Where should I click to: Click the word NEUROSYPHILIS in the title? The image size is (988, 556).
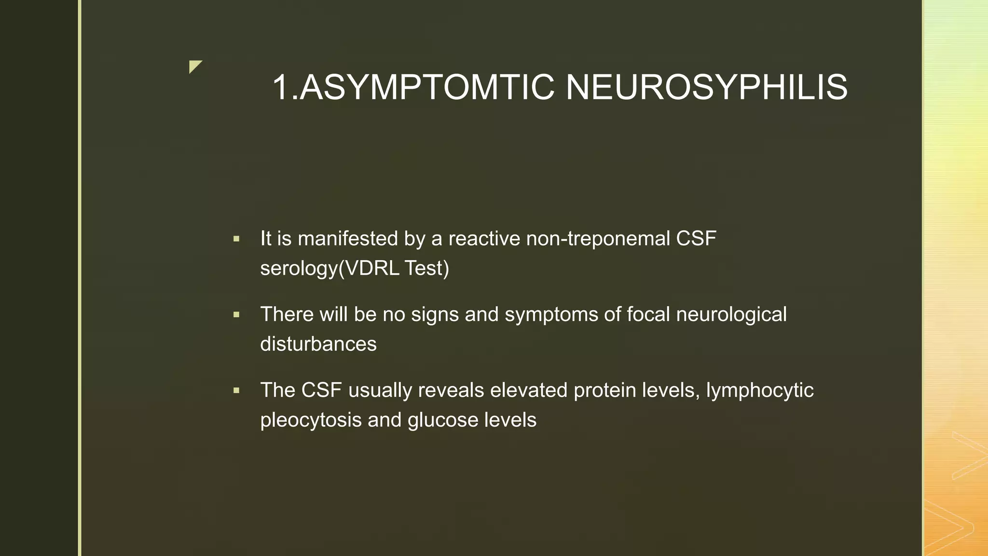[x=706, y=87]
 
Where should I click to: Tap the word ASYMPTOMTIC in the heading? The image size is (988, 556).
[x=426, y=87]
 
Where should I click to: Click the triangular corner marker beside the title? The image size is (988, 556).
[x=194, y=66]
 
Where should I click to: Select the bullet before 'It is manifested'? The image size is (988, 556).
[x=236, y=239]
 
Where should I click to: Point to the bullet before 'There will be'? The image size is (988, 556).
[x=236, y=315]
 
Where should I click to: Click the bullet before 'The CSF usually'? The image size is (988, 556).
[x=236, y=390]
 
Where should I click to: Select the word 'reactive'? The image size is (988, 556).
[x=484, y=238]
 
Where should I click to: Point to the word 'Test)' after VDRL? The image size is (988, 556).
[x=427, y=268]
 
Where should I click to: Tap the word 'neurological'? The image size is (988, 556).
[x=731, y=315]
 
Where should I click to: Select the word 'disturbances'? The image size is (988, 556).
[x=318, y=344]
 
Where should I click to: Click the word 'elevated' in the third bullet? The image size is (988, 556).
[x=529, y=390]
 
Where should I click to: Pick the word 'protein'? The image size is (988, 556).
[x=604, y=390]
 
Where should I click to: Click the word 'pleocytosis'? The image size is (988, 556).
[x=311, y=420]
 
